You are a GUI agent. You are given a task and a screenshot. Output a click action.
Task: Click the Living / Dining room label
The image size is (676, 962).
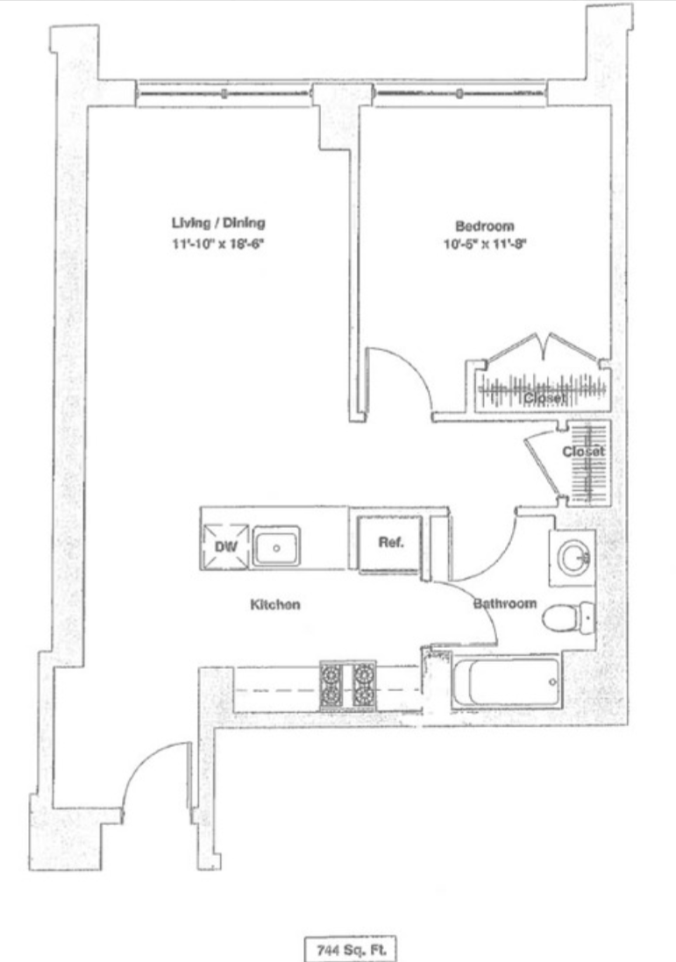[x=218, y=223]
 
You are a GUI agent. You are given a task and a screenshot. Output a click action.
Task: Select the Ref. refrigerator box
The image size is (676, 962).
[x=390, y=544]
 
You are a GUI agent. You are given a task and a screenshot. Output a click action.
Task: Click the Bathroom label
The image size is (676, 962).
[x=504, y=604]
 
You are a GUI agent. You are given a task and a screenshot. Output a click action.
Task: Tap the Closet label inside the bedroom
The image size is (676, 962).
[x=544, y=398]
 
